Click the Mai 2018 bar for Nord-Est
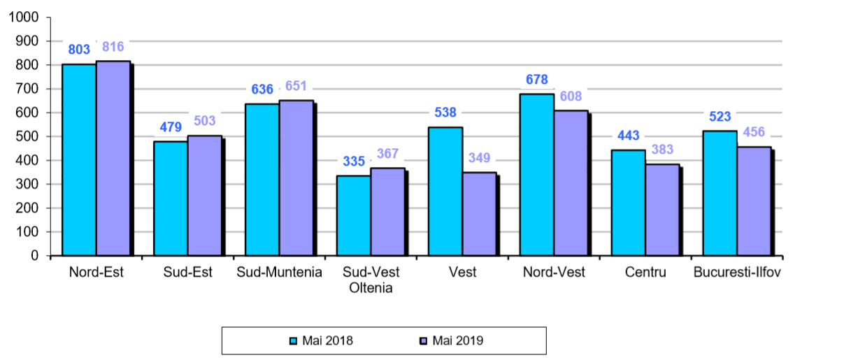click(x=79, y=160)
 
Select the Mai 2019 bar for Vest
click(x=479, y=214)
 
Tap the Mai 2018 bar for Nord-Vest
click(x=536, y=175)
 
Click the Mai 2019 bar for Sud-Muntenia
click(x=296, y=178)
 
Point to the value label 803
click(x=79, y=49)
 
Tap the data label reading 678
click(x=536, y=79)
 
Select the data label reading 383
click(x=662, y=150)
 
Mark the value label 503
click(x=205, y=121)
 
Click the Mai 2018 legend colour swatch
click(x=294, y=341)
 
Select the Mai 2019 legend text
click(x=458, y=341)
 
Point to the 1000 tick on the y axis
click(x=24, y=17)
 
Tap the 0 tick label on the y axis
click(x=34, y=256)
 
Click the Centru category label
click(x=645, y=272)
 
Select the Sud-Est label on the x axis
click(x=187, y=272)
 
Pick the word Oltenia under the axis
click(x=371, y=288)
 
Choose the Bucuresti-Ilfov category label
click(x=737, y=272)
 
